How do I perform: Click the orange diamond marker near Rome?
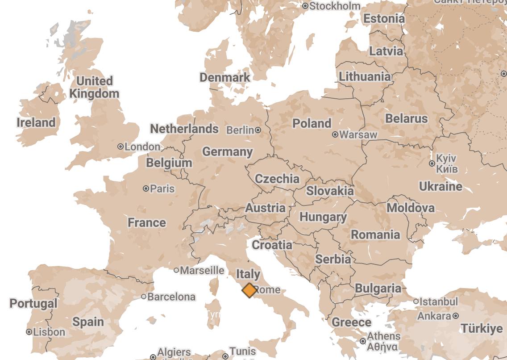click(x=249, y=290)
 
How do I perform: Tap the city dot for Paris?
click(x=145, y=188)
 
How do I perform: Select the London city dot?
click(x=120, y=147)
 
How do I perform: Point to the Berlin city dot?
click(x=258, y=130)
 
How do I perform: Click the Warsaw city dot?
click(x=335, y=134)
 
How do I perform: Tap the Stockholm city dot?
click(x=305, y=6)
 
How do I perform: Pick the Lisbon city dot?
click(x=29, y=332)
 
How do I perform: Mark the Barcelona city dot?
click(x=144, y=297)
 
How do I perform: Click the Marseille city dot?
click(x=176, y=270)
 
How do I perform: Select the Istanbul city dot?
click(x=416, y=301)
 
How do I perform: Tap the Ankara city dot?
click(x=456, y=316)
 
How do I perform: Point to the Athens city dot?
click(x=362, y=341)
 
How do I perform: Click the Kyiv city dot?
click(x=432, y=163)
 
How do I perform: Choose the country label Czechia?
click(x=277, y=179)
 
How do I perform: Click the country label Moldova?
click(x=410, y=208)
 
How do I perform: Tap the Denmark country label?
click(x=225, y=77)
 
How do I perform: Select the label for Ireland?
click(x=36, y=122)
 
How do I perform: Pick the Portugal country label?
click(x=33, y=304)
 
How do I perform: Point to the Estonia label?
click(x=384, y=19)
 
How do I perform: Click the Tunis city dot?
click(x=225, y=356)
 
